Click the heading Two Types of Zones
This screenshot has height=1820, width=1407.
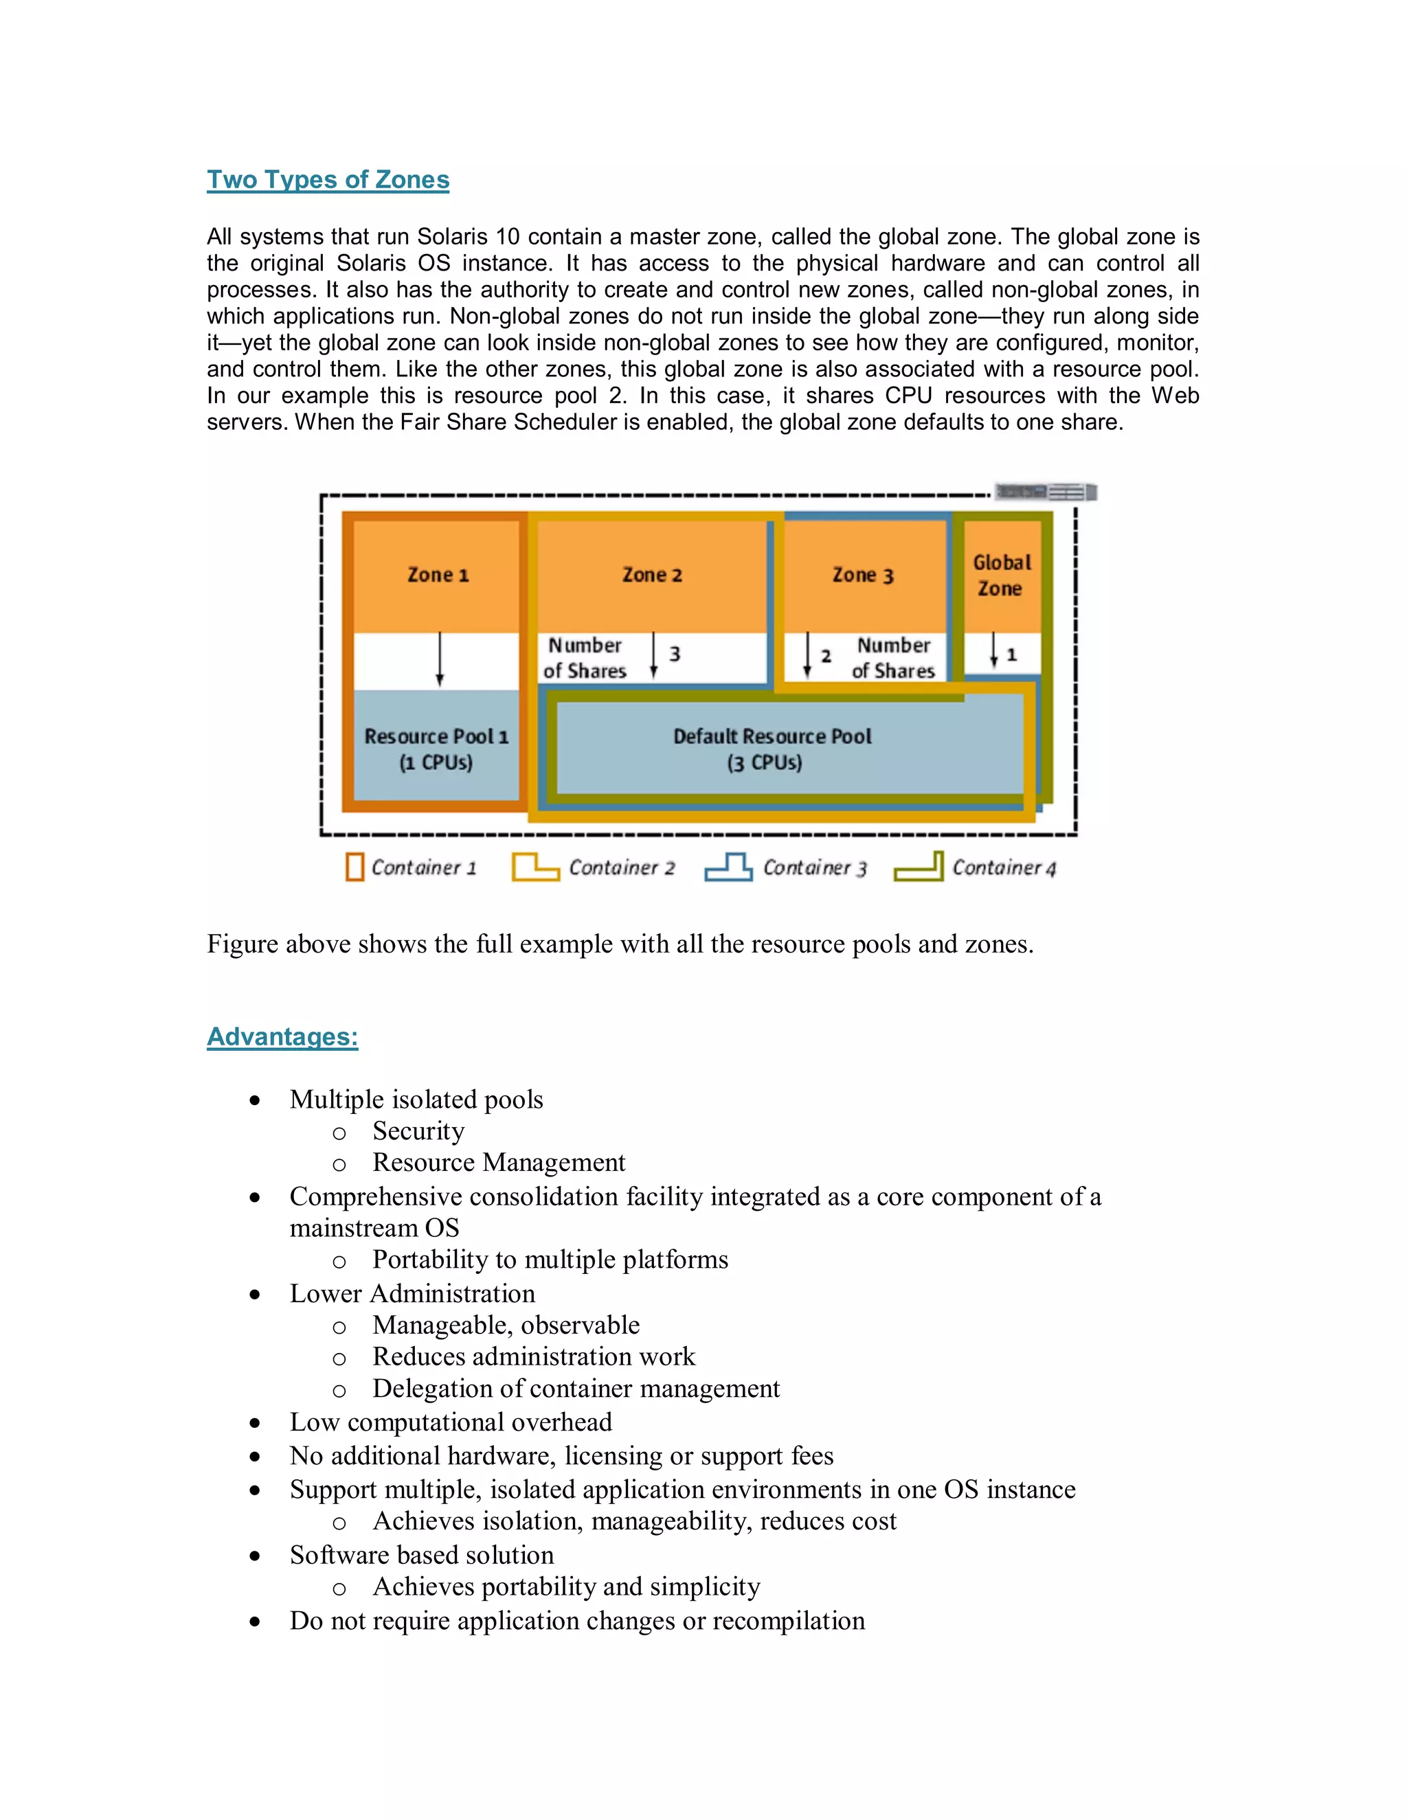click(328, 179)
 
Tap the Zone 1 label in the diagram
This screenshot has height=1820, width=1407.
click(438, 575)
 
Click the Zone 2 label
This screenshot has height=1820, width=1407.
click(652, 575)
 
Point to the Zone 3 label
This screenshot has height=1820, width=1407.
click(863, 575)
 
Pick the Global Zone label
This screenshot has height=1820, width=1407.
click(1000, 575)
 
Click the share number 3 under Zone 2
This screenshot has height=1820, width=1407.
click(675, 654)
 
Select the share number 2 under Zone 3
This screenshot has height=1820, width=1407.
click(826, 656)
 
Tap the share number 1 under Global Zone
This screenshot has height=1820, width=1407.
click(1011, 655)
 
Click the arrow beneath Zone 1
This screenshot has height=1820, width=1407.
click(440, 659)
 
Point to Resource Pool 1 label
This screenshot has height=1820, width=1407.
click(436, 749)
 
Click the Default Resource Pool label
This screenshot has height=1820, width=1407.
click(772, 749)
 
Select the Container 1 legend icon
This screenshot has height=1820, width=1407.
click(355, 867)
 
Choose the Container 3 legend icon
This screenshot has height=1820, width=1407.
click(728, 867)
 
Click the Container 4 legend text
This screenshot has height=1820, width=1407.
click(1004, 867)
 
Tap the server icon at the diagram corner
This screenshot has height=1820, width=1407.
click(1046, 492)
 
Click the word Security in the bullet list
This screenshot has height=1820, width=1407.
click(418, 1131)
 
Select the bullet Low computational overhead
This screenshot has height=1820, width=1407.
click(450, 1422)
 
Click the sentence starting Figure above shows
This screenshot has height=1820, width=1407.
click(620, 944)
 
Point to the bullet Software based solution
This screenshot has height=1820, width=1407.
click(422, 1554)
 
